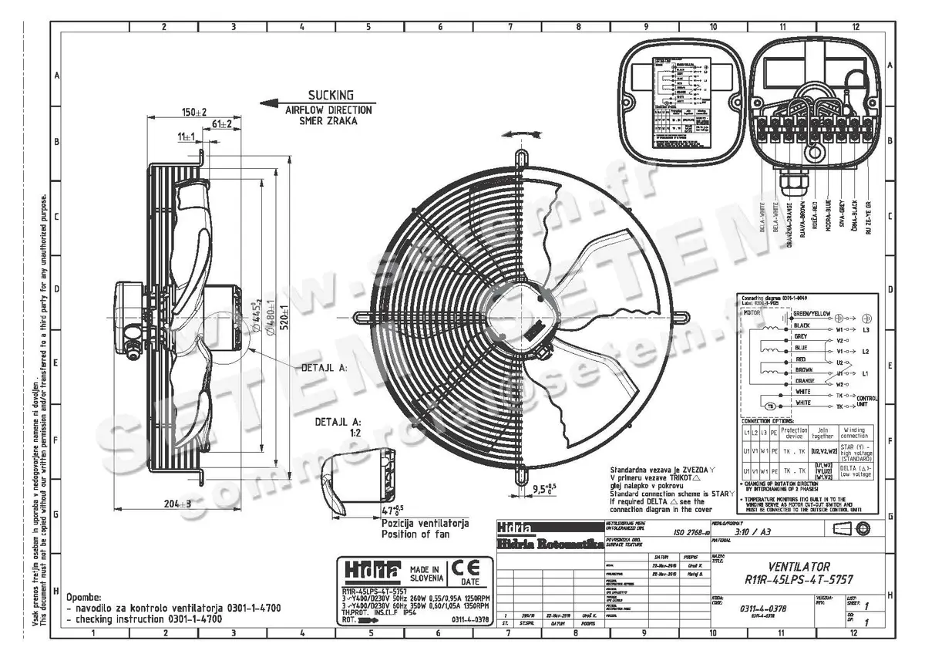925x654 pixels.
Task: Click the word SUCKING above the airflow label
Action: (330, 96)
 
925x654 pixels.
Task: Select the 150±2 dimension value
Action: (194, 113)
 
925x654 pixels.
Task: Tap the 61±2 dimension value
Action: (223, 124)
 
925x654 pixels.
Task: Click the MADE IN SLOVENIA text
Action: (425, 573)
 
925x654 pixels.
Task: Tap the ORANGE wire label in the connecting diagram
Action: (803, 380)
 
